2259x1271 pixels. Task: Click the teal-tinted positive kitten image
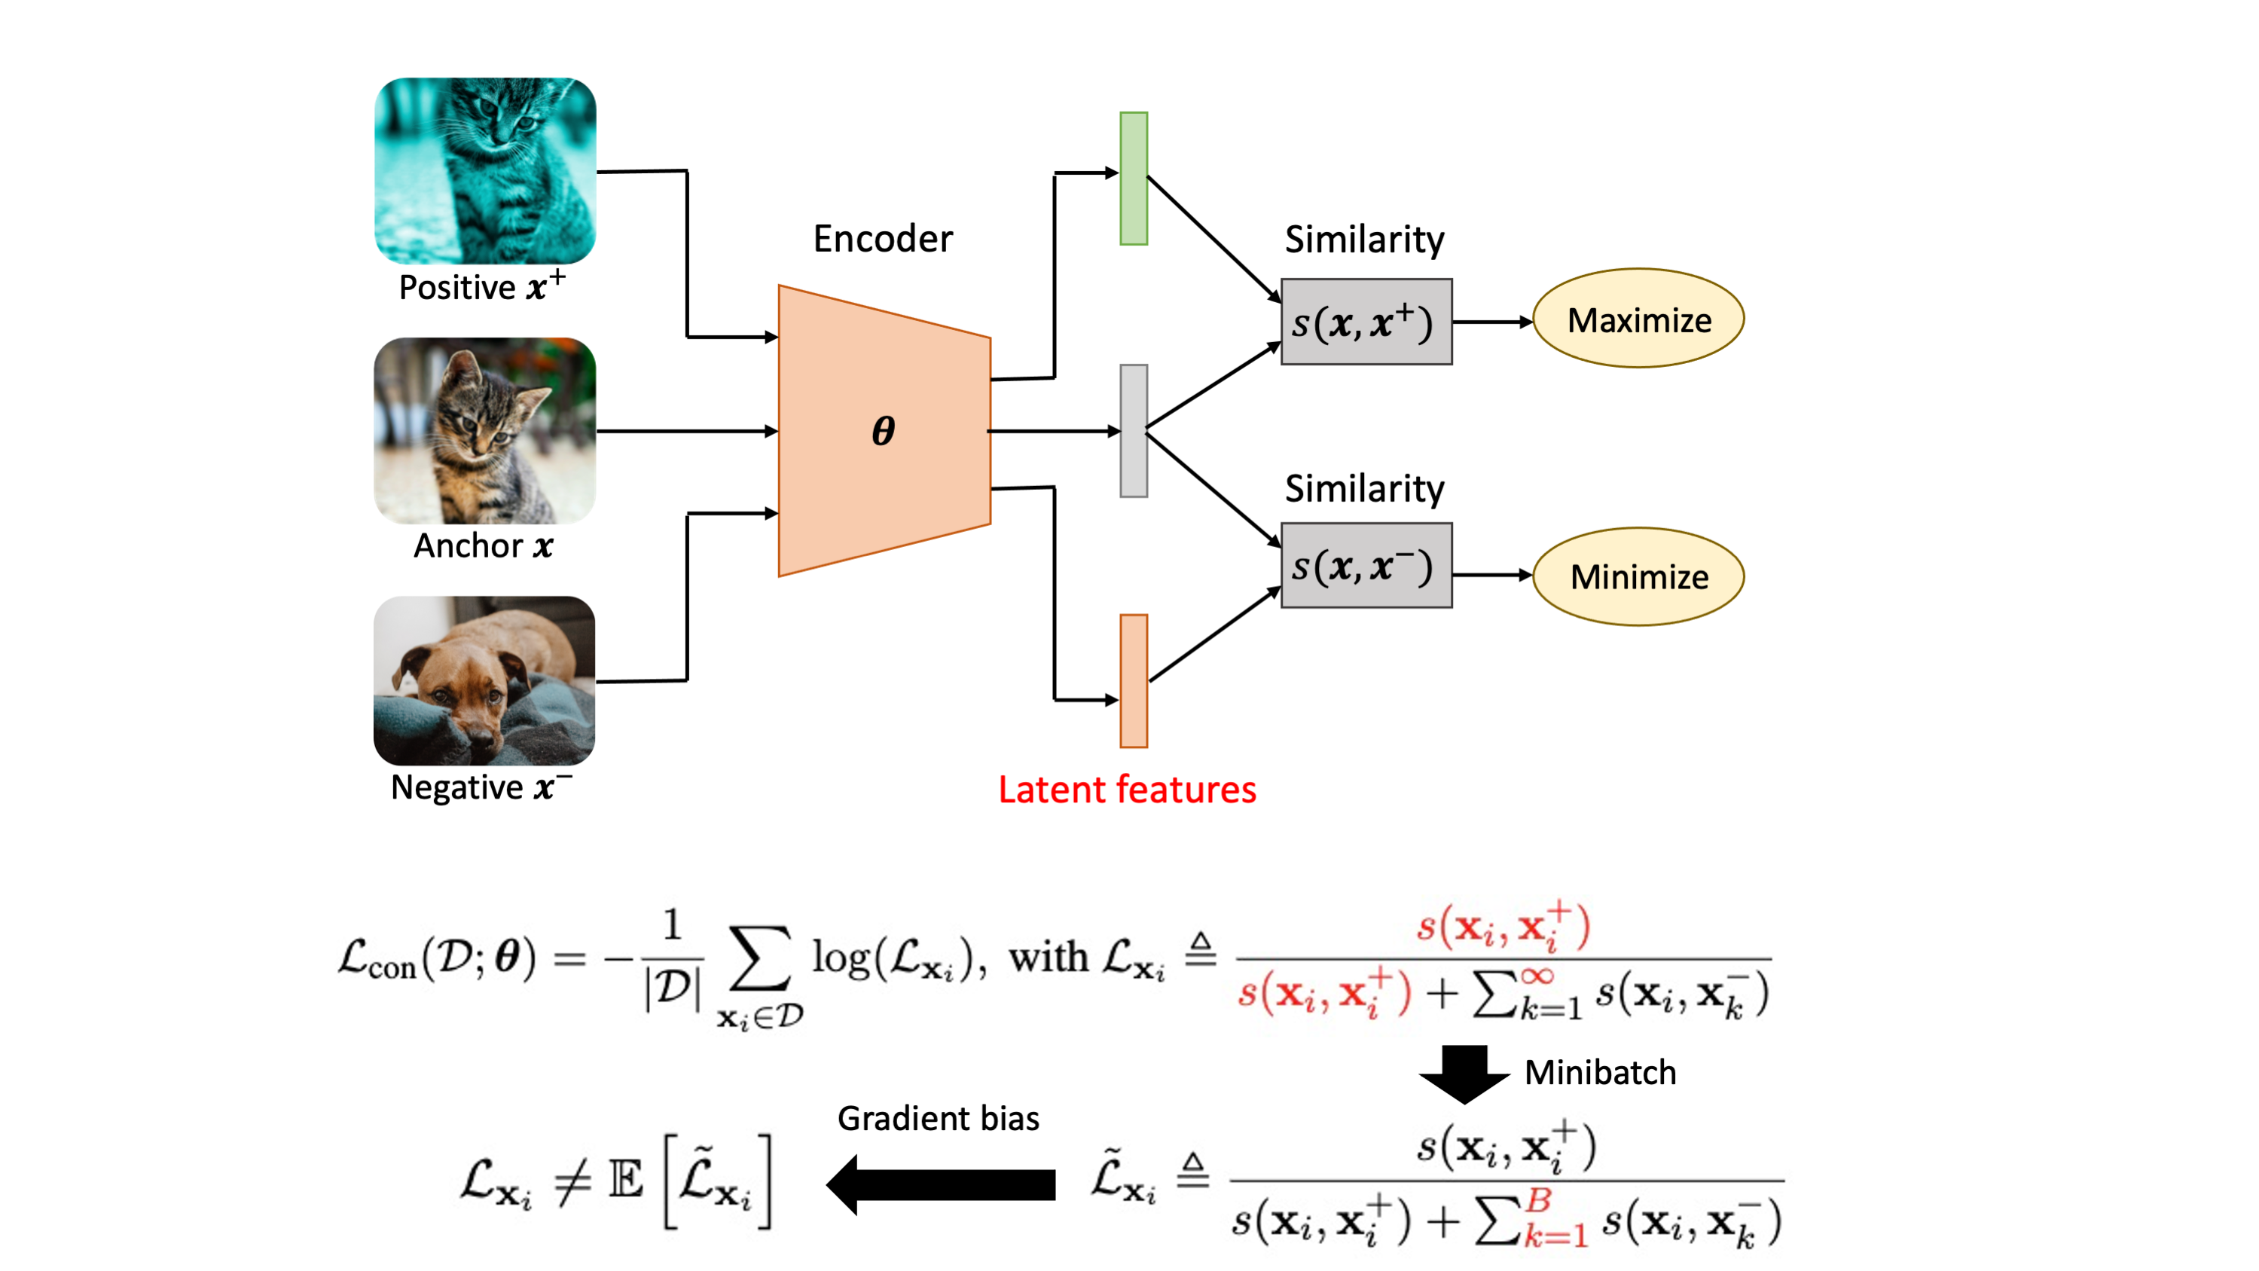(485, 170)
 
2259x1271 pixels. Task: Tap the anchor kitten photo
(485, 431)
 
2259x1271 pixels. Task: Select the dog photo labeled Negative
(484, 680)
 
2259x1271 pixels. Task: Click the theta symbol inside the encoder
(883, 431)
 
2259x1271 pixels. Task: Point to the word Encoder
(882, 239)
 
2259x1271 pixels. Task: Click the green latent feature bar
(1134, 178)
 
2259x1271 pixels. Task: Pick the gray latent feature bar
(1134, 431)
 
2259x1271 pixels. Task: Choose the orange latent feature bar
(1134, 680)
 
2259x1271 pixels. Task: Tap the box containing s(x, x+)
(1366, 322)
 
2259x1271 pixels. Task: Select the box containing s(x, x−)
(1366, 566)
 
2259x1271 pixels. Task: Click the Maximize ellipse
(1638, 319)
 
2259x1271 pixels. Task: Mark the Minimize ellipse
(1638, 576)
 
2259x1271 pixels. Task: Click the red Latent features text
(1127, 790)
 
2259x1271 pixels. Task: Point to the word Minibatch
(1601, 1073)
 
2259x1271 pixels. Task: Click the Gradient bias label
(939, 1118)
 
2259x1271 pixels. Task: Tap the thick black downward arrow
(1464, 1074)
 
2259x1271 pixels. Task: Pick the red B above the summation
(1539, 1199)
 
